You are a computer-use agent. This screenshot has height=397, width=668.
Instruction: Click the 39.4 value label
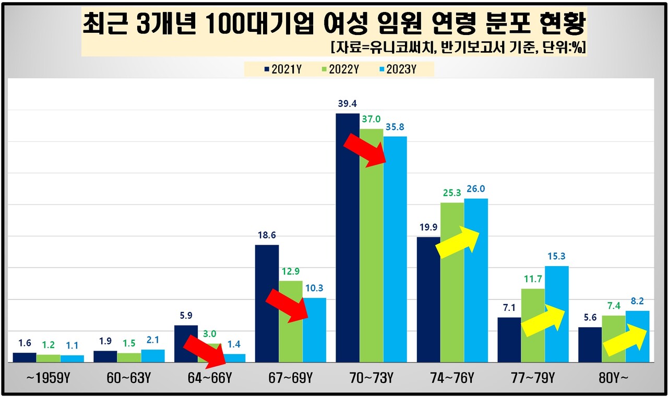[347, 103]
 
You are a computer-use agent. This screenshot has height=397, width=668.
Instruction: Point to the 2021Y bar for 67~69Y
[267, 303]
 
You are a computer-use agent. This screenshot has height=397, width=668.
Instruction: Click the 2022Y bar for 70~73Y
[371, 245]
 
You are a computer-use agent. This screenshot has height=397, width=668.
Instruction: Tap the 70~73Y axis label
[371, 378]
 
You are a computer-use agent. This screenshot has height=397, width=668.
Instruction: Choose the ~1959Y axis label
[48, 378]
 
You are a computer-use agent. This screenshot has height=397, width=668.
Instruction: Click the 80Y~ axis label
[614, 378]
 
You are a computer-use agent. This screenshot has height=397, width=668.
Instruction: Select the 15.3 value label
[557, 256]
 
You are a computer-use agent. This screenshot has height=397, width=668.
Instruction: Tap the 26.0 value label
[476, 189]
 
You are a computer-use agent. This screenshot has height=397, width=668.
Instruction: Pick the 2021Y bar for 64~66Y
[186, 343]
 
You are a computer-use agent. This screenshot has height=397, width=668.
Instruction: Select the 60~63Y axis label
[129, 378]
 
